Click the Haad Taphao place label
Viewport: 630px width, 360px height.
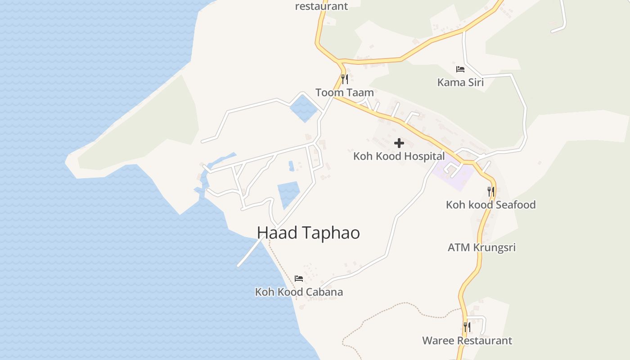pos(308,233)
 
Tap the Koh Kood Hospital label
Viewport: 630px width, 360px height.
pos(399,156)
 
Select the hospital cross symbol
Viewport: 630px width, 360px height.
pos(399,144)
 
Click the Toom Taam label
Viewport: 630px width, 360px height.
pos(344,93)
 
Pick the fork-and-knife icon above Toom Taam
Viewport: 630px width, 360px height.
pos(345,79)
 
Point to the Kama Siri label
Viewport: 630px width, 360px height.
pos(460,82)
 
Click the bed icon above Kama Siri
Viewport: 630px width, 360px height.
pos(460,69)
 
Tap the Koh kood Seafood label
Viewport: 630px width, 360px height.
pos(490,205)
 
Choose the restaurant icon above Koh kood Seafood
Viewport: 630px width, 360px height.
pos(491,191)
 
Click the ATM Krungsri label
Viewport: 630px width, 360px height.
pos(481,247)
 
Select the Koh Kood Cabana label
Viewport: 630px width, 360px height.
pos(299,292)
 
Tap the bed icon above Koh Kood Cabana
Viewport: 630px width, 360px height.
pos(299,279)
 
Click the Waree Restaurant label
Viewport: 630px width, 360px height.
pos(467,341)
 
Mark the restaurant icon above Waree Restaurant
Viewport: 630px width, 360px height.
pos(467,327)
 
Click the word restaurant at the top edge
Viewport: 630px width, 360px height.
pos(321,6)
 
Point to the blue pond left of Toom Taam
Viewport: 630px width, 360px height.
pos(303,108)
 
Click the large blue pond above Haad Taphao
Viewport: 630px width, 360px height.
pos(288,193)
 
